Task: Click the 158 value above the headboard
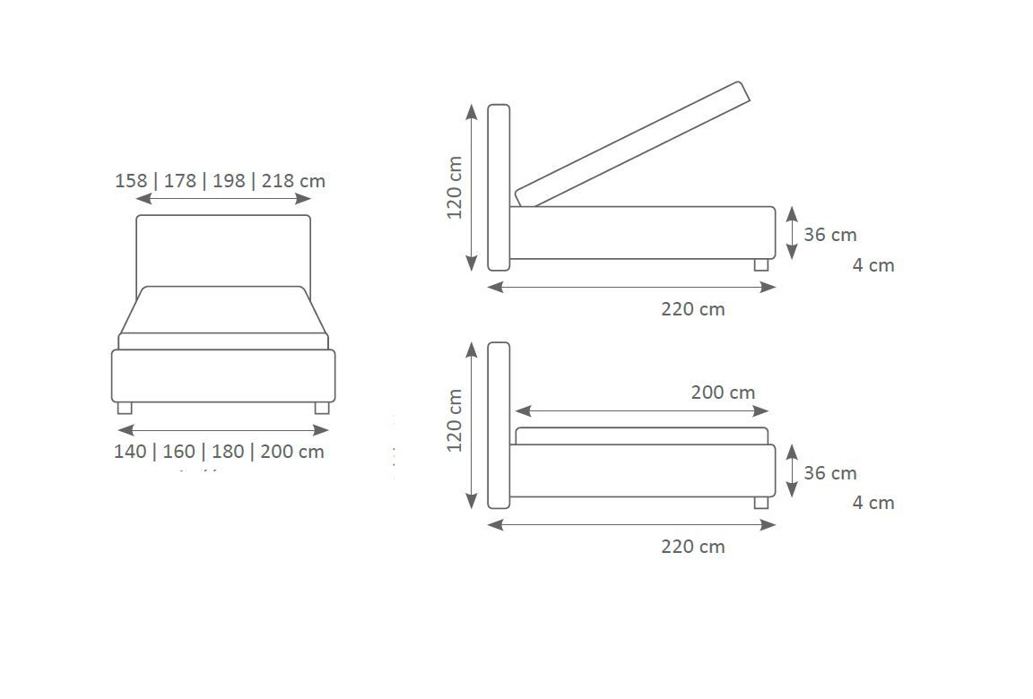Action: click(x=131, y=180)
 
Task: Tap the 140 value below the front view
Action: click(x=130, y=452)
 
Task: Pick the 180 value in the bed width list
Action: click(x=228, y=452)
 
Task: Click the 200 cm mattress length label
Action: click(x=723, y=393)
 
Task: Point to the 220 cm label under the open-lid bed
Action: click(x=693, y=308)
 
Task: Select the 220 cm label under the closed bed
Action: click(x=693, y=547)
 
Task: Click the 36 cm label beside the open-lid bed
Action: click(x=830, y=234)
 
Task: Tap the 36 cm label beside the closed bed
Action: click(x=830, y=472)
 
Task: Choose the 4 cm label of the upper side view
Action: click(x=873, y=264)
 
